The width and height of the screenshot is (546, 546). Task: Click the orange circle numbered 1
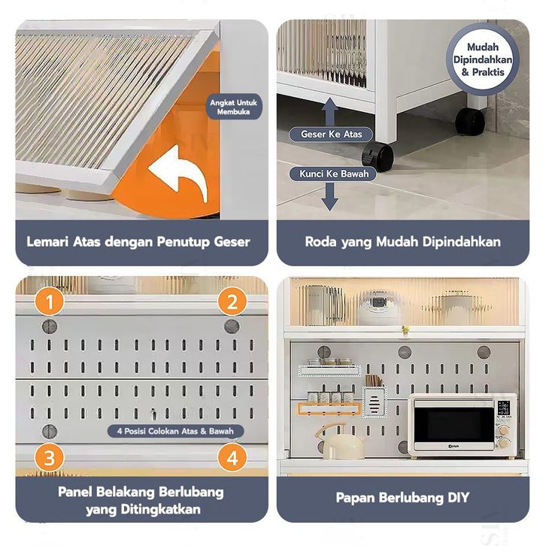tap(49, 303)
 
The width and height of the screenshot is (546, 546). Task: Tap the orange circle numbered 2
tap(232, 302)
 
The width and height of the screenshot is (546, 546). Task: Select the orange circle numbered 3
tap(49, 458)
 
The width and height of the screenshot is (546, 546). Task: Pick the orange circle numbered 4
tap(232, 457)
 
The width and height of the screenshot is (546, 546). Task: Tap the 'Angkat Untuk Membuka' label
tap(233, 108)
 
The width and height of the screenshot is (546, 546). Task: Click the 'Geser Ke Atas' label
tap(332, 135)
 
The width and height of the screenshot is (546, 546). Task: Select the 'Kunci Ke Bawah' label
tap(331, 174)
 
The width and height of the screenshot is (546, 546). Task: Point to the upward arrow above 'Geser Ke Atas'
tap(329, 111)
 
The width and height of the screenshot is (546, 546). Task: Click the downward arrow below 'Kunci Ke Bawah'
tap(329, 198)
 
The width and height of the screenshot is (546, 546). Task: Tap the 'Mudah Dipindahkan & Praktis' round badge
tap(490, 58)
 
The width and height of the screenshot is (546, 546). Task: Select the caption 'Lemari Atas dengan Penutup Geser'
tap(138, 242)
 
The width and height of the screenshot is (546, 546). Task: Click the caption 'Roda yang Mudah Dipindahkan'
tap(403, 242)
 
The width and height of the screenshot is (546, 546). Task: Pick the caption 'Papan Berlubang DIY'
tap(402, 497)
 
